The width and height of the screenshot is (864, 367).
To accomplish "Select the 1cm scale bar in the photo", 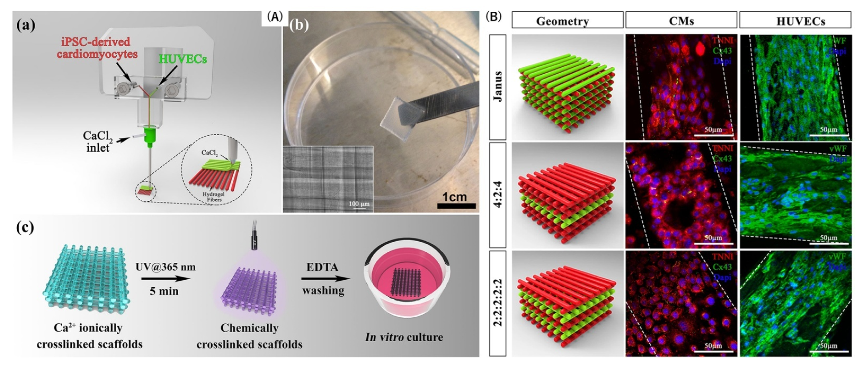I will click(456, 206).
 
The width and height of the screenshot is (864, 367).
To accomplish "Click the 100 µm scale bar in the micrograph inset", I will click(359, 208).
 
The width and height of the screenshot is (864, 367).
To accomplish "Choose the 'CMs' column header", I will click(681, 21).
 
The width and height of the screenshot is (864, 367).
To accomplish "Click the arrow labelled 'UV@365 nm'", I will click(166, 278).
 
